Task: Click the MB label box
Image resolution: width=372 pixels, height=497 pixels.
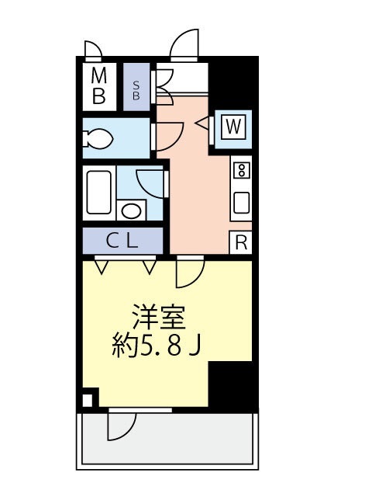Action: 98,85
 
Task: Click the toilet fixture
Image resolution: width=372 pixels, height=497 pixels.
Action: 98,140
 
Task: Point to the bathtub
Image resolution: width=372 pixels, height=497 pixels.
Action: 98,191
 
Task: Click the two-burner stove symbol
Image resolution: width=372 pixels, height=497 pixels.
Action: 241,169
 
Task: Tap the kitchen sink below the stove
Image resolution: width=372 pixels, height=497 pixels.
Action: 241,202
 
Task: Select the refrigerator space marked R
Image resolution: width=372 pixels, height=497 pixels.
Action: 241,242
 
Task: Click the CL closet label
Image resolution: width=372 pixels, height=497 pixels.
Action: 122,242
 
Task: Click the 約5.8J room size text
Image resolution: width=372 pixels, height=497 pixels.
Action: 159,343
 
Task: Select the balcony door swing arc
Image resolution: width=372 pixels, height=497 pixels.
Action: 120,423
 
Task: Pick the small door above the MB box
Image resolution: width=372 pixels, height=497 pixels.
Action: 92,50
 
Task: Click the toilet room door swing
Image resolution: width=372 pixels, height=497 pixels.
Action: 169,136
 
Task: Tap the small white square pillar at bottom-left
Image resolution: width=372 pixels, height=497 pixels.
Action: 87,401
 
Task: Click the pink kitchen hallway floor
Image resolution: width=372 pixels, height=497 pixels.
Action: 198,186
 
